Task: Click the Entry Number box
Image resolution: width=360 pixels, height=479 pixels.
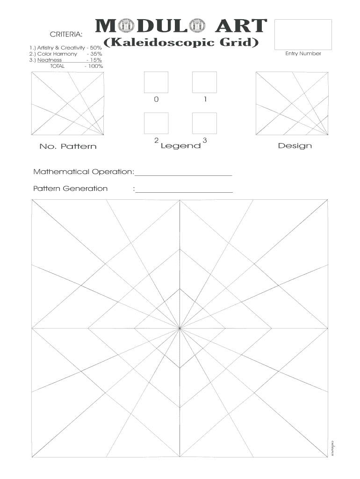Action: [303, 34]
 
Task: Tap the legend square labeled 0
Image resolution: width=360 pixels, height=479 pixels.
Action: [156, 82]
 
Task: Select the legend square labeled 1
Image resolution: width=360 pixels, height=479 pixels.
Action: [204, 82]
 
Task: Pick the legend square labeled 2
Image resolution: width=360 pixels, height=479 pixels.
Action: [156, 123]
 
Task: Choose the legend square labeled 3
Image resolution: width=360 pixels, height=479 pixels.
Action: [204, 123]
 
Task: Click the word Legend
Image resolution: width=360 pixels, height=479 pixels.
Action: [180, 146]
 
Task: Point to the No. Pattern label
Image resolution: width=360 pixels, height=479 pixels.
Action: [68, 146]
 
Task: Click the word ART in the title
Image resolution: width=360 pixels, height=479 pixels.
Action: [241, 27]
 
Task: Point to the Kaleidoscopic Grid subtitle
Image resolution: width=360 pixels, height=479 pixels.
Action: [181, 43]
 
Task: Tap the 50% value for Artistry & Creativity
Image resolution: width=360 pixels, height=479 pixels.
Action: [96, 48]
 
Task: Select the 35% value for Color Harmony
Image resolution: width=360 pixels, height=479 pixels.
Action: [97, 54]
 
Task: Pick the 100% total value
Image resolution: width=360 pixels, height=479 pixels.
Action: [95, 66]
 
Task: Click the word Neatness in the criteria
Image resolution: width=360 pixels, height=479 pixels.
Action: [49, 60]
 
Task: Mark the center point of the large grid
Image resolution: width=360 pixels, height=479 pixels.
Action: [180, 328]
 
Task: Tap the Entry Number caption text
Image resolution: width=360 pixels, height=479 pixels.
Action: [303, 54]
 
